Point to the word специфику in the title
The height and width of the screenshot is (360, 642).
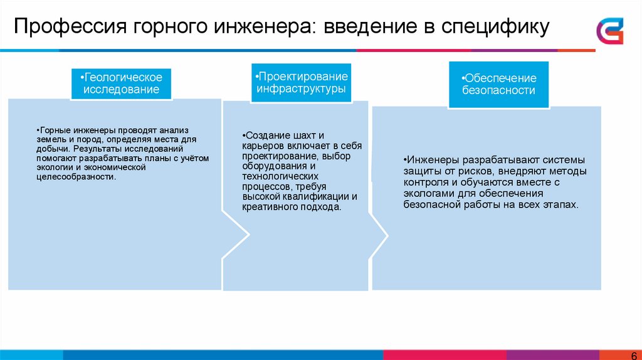(x=495, y=27)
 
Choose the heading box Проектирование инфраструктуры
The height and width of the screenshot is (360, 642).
(x=301, y=82)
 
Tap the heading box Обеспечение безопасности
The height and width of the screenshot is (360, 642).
(x=499, y=84)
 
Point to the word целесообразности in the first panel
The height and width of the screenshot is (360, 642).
(x=76, y=177)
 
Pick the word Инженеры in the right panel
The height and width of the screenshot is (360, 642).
(x=429, y=159)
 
